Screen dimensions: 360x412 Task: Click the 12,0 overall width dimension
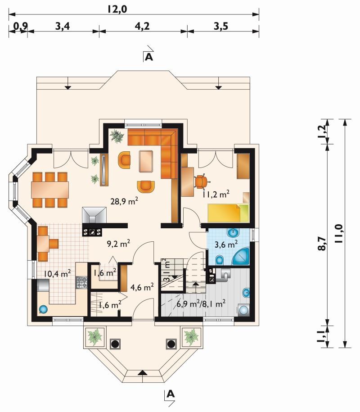(x=117, y=9)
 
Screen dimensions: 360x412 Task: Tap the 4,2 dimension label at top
(x=143, y=26)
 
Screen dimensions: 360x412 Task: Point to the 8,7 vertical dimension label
(x=322, y=244)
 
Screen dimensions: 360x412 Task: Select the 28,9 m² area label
(x=124, y=201)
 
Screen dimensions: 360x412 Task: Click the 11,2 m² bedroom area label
(x=216, y=194)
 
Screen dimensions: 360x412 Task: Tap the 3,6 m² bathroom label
(x=226, y=244)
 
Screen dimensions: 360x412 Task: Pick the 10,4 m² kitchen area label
(x=57, y=273)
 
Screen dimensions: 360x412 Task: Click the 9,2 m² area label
(x=118, y=244)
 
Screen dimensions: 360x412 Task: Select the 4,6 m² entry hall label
(x=142, y=287)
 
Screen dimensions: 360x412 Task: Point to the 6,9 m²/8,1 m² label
(x=201, y=304)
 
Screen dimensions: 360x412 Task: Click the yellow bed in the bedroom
(x=228, y=213)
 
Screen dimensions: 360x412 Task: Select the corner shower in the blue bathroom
(x=241, y=256)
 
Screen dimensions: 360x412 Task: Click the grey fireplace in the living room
(x=94, y=215)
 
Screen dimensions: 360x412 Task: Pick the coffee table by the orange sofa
(x=146, y=161)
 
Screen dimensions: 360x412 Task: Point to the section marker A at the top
(x=149, y=57)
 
